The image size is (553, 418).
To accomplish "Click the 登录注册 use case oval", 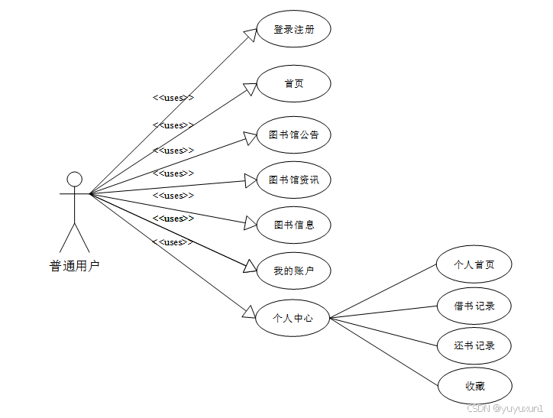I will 294,31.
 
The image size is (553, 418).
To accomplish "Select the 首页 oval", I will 294,83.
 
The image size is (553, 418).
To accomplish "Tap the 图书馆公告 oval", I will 294,135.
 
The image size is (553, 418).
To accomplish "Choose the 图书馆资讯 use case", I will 294,180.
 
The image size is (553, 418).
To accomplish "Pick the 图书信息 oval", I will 294,225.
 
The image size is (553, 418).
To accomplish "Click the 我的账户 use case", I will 294,271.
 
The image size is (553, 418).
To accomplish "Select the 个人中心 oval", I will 294,318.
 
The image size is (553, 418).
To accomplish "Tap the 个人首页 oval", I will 474,265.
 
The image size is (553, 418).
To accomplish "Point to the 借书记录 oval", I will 474,306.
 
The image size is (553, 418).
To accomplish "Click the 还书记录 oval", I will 474,345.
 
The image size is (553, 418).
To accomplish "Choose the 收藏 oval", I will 474,386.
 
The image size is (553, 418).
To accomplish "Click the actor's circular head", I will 74,179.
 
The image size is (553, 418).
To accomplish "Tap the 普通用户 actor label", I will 74,266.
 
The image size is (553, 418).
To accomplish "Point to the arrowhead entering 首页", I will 250,89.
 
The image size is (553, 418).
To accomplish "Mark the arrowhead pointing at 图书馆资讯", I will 250,181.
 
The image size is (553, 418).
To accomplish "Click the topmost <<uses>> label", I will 173,98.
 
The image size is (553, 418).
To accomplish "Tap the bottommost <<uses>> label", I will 173,242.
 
